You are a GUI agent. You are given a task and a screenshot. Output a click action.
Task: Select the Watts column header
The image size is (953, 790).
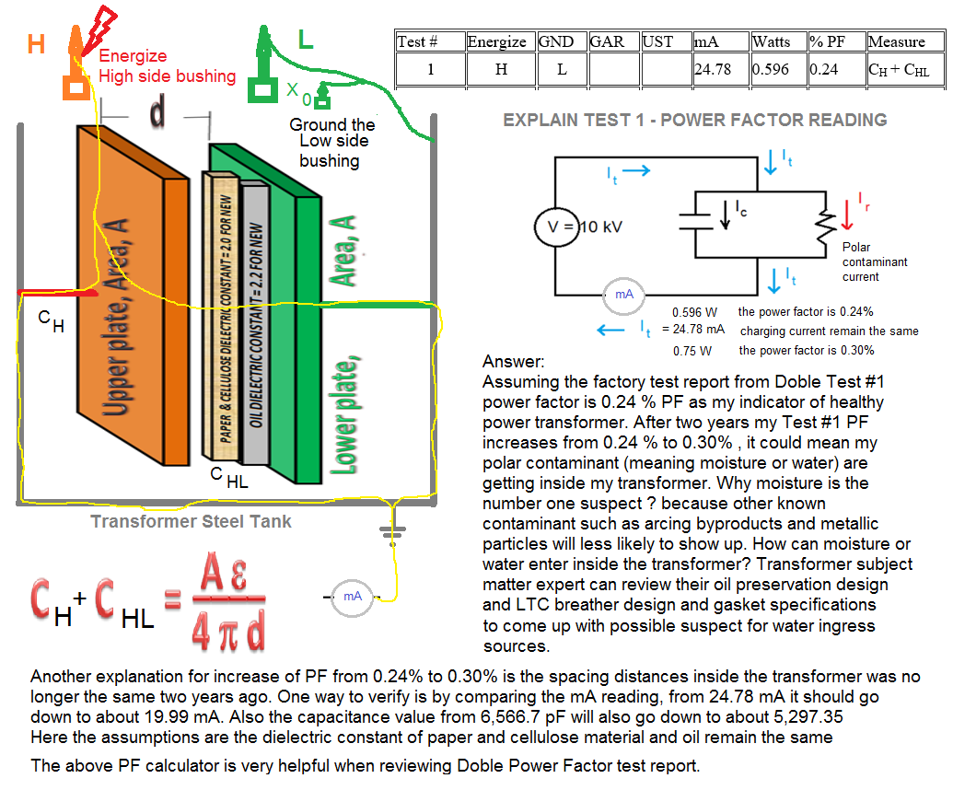[772, 41]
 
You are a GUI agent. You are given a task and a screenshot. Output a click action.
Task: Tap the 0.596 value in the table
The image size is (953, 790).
[771, 69]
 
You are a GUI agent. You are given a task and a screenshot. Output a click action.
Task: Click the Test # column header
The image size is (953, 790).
[417, 41]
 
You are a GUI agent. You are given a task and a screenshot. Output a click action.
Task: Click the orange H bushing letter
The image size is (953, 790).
[36, 43]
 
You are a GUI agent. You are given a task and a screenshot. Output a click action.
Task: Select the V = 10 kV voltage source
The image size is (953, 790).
[568, 227]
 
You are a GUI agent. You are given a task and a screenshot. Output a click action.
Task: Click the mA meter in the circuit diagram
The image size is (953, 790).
[623, 294]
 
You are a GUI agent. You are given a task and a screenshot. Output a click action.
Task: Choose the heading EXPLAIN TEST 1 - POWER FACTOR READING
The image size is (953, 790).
[695, 120]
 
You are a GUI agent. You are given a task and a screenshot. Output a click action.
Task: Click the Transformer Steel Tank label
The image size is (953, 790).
[191, 522]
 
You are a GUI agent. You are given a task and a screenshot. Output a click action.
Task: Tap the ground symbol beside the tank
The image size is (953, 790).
[394, 531]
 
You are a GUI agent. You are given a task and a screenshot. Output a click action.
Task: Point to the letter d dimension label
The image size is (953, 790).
[157, 112]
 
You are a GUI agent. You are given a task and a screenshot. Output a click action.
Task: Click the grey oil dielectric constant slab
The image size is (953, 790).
[256, 322]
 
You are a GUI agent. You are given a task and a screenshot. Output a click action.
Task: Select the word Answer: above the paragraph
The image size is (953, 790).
[514, 362]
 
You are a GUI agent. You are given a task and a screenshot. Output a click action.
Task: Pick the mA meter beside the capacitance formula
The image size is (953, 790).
[352, 597]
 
